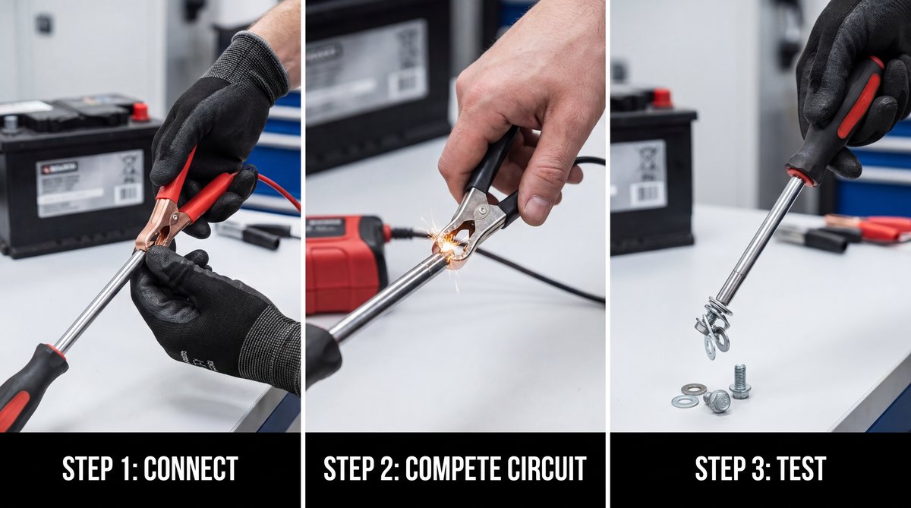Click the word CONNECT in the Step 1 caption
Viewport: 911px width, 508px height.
click(191, 469)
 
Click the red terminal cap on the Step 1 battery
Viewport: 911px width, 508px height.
click(140, 112)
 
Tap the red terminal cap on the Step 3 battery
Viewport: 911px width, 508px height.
click(662, 98)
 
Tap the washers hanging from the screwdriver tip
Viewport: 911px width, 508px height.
click(713, 327)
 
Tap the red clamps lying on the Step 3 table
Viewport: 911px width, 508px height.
click(873, 227)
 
